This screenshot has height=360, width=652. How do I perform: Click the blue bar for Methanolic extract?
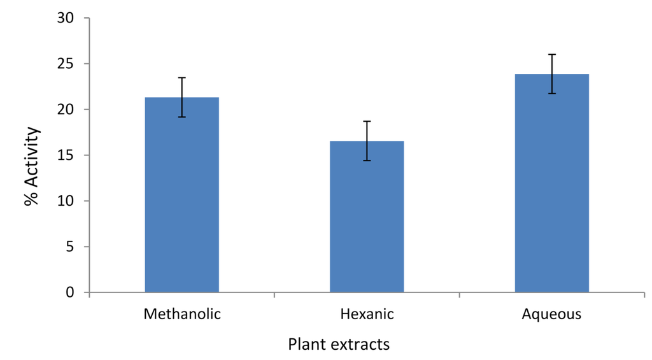pos(181,194)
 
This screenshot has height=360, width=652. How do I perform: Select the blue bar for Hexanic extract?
pos(366,217)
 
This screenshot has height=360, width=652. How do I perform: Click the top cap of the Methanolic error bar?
pos(181,78)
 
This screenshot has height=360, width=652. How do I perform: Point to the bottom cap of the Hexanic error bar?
pos(366,161)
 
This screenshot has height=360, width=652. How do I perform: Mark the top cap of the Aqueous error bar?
pos(551,55)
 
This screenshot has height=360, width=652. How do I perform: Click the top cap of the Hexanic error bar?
pos(366,121)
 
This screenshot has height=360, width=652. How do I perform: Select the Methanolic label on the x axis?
pos(182,315)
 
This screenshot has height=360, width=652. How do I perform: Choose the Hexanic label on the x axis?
pos(367,315)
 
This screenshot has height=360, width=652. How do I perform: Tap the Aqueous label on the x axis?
pos(551,315)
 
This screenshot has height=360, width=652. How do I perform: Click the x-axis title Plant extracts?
pos(338,345)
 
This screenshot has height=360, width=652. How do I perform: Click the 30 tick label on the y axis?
pos(66,18)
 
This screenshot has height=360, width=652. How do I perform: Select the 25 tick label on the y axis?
pos(66,64)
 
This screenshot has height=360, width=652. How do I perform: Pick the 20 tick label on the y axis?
pos(66,110)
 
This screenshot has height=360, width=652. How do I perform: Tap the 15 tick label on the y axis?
pos(66,155)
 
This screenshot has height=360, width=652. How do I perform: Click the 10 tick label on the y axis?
pos(66,201)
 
